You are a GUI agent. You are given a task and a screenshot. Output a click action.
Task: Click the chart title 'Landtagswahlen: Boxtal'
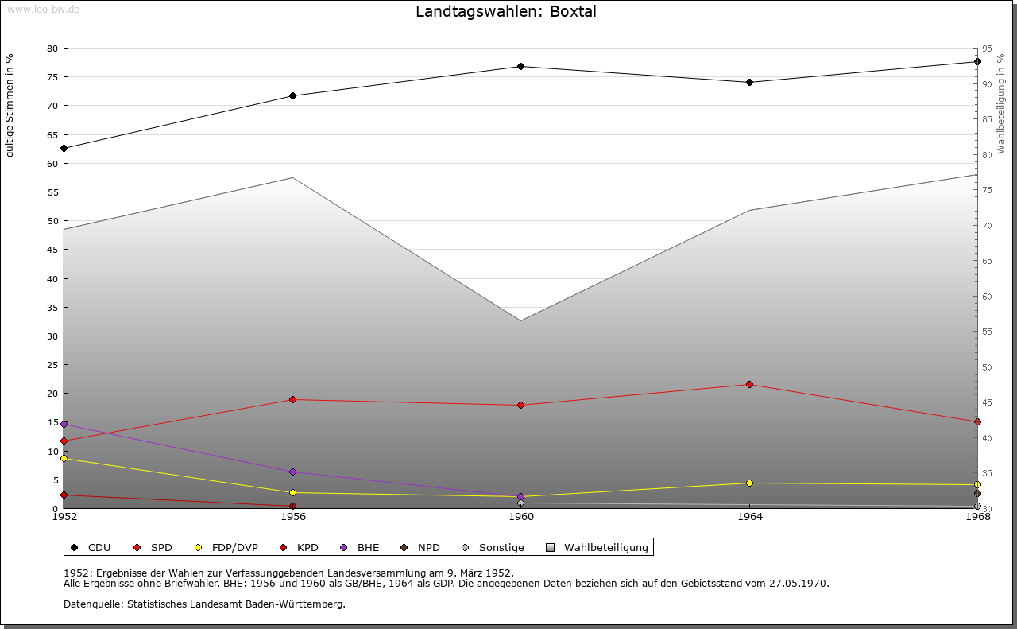[x=506, y=11]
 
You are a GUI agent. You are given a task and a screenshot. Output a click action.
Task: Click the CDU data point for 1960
[x=520, y=66]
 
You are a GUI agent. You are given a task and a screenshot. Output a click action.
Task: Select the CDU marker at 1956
[x=293, y=96]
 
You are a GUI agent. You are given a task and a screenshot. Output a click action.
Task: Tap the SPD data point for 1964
[x=749, y=385]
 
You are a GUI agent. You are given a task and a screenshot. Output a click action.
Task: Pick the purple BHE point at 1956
[x=293, y=472]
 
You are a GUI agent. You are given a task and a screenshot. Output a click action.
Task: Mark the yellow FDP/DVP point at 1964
[x=749, y=483]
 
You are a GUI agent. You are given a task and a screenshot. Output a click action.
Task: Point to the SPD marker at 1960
[x=520, y=405]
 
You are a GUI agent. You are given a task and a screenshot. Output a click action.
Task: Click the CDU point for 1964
[x=749, y=82]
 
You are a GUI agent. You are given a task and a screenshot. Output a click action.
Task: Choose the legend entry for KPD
[x=300, y=547]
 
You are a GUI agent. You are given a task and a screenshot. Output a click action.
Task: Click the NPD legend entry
[x=420, y=547]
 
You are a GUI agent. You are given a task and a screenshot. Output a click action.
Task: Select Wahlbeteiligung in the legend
[x=597, y=547]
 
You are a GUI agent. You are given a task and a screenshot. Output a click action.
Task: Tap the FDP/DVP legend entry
[x=226, y=547]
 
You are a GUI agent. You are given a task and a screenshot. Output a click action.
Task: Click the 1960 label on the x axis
[x=521, y=517]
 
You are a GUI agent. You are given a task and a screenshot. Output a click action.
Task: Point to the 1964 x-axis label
[x=750, y=517]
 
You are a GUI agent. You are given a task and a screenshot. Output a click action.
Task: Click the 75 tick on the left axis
[x=52, y=77]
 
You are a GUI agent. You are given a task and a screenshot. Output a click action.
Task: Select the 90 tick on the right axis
[x=987, y=84]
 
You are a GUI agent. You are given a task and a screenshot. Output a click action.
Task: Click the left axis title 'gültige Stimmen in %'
[x=10, y=106]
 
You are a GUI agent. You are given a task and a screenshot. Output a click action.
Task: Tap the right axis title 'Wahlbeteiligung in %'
[x=1001, y=104]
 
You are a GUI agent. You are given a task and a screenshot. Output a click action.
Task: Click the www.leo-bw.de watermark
[x=43, y=9]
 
